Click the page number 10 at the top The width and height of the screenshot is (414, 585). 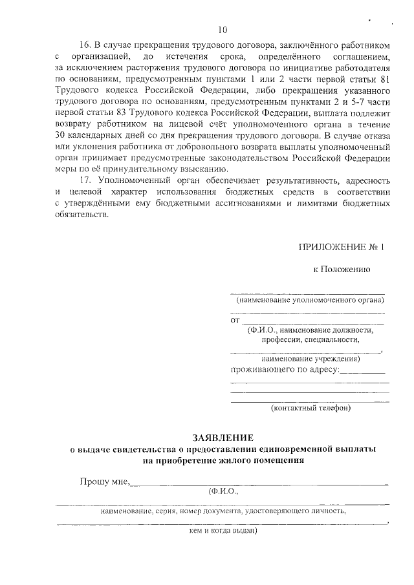[x=223, y=30]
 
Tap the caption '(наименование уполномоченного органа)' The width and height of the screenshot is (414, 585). [x=310, y=300]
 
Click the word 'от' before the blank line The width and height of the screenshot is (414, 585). [x=235, y=320]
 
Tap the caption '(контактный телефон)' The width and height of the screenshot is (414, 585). [x=310, y=408]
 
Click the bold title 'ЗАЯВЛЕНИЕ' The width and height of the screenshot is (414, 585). [x=223, y=437]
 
